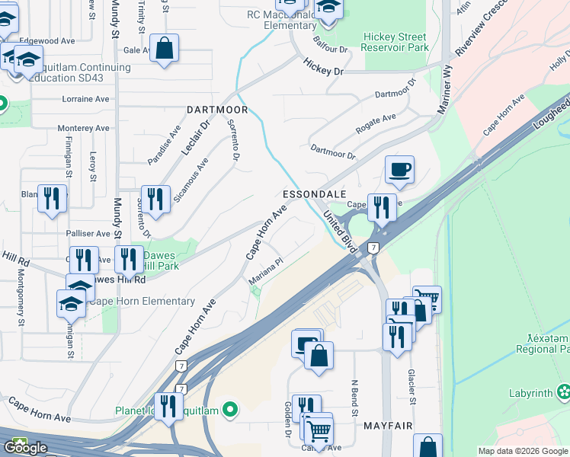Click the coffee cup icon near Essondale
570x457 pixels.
tap(399, 169)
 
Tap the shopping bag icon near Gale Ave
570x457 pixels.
tap(164, 49)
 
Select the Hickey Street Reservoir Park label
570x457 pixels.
tap(395, 42)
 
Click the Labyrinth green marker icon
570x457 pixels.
tap(563, 393)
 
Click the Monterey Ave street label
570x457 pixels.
tap(78, 128)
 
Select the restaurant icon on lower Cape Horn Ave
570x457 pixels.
tap(169, 405)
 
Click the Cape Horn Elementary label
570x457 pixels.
tap(142, 301)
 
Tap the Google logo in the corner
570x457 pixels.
tap(25, 448)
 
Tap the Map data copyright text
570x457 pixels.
tap(522, 451)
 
